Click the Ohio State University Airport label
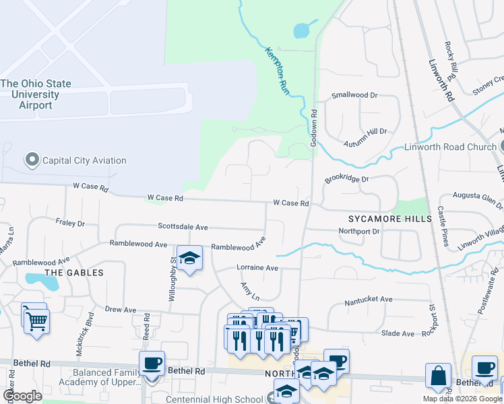point(36,94)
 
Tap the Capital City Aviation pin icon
point(31,160)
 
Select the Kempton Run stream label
point(278,70)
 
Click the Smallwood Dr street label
point(354,96)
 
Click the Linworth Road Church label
point(449,147)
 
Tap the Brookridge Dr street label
point(347,180)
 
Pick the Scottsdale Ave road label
point(183,227)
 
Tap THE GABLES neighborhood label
point(73,273)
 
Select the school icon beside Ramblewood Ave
point(190,259)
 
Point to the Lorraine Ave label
point(257,267)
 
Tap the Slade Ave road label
point(398,333)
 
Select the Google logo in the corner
point(22,396)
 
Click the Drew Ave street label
point(121,310)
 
